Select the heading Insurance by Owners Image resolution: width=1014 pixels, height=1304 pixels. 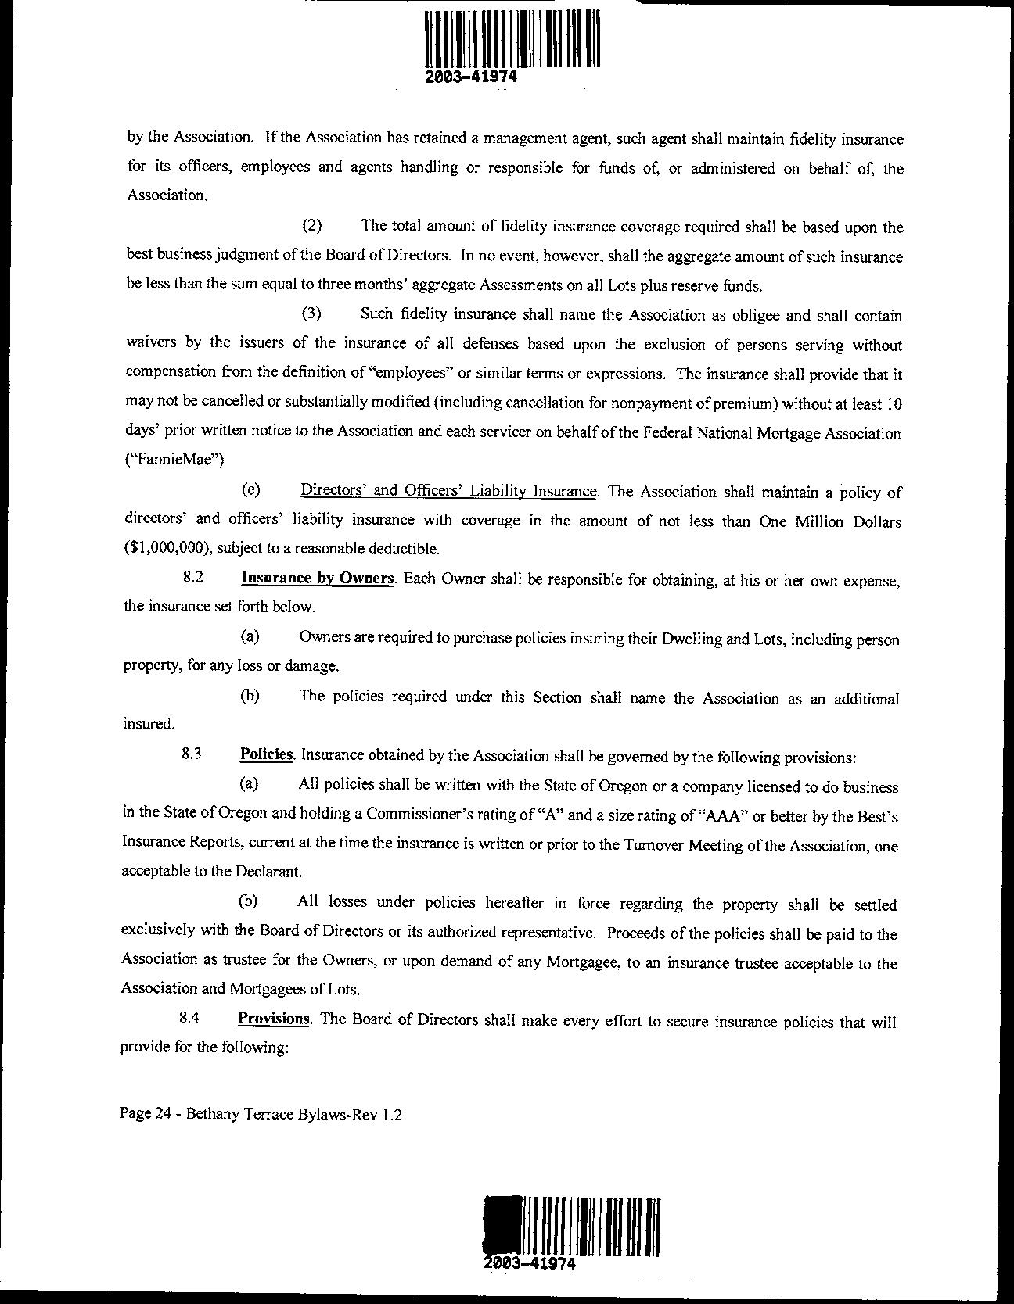coord(317,579)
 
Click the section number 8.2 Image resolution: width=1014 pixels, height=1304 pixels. coord(192,579)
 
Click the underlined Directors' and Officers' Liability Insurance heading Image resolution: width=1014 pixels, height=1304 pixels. coord(449,491)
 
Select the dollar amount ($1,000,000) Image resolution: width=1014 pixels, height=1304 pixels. coord(166,548)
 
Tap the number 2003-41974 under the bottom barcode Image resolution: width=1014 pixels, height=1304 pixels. coord(530,1264)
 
